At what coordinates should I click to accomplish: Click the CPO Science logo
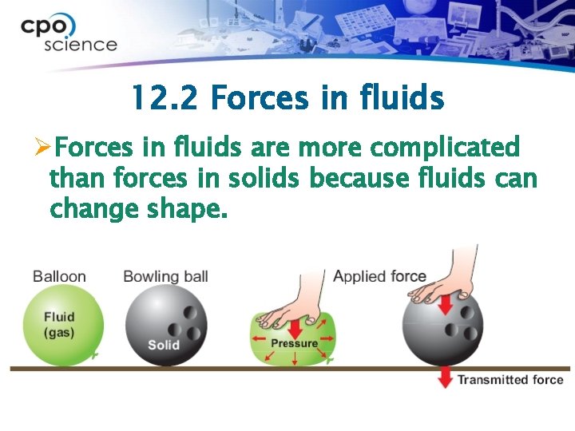[69, 34]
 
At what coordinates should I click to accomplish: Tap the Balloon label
[59, 277]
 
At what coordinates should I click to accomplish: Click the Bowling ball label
[165, 277]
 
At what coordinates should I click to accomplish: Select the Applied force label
[379, 276]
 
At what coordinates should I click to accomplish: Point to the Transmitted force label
[510, 380]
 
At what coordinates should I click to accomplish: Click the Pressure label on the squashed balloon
[294, 343]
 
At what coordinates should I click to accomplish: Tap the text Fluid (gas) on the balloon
[59, 324]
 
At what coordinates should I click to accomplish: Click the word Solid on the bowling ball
[163, 345]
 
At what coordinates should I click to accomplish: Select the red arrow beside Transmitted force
[445, 378]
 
